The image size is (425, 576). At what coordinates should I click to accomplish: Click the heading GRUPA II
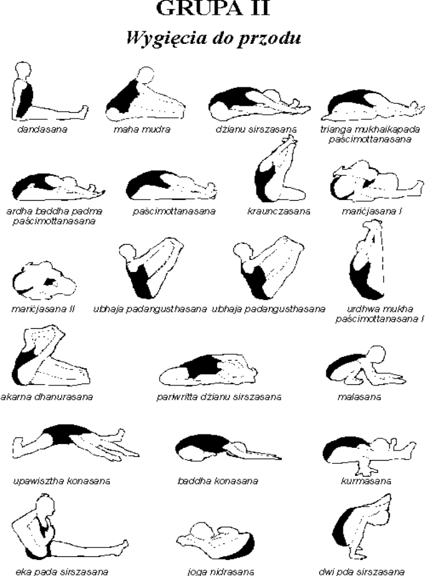(213, 8)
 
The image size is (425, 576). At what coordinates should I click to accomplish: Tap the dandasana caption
(43, 129)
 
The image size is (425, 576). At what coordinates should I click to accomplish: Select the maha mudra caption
(142, 129)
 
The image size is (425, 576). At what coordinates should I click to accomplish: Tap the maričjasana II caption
(43, 309)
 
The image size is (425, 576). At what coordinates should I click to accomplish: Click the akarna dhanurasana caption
(46, 397)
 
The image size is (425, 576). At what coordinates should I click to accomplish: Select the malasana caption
(359, 397)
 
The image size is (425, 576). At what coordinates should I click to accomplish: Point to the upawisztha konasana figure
(76, 443)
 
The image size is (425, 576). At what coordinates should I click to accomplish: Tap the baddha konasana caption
(218, 481)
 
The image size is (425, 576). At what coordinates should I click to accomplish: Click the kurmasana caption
(366, 481)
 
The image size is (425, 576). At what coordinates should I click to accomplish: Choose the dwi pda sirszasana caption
(361, 572)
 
